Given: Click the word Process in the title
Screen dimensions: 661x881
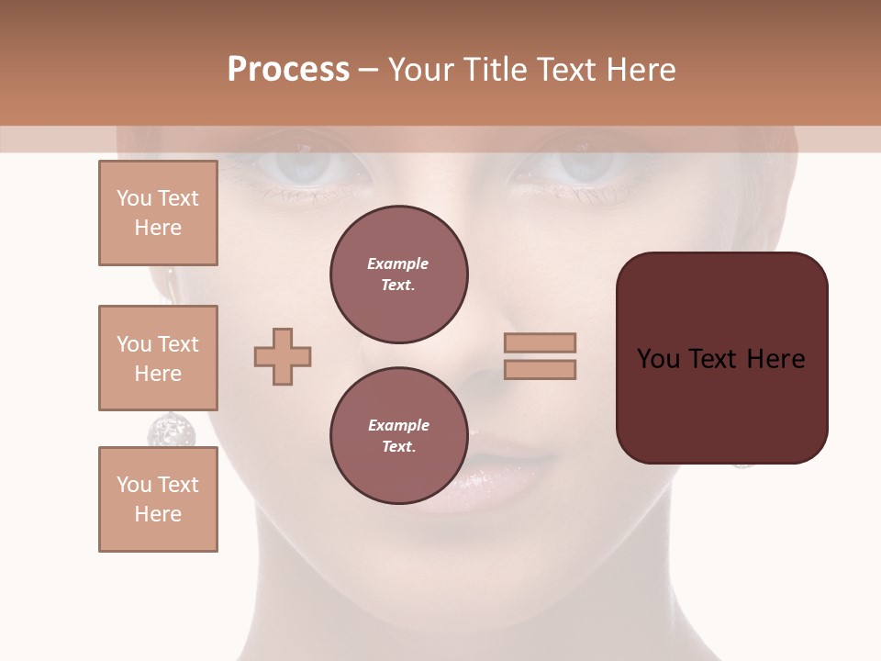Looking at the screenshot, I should [288, 70].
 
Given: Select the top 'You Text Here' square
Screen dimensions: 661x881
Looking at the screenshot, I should [158, 213].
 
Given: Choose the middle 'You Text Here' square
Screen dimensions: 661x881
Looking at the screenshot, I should [158, 358].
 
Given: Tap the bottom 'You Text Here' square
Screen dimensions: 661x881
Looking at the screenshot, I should [158, 499].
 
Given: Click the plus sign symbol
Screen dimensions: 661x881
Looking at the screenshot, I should [283, 356].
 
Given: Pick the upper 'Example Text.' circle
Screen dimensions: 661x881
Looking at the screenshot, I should [399, 274].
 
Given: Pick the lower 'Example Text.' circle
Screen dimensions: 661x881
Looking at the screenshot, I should [399, 436].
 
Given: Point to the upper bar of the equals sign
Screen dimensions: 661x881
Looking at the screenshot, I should [540, 342].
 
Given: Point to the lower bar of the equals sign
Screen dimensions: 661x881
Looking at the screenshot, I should [540, 369].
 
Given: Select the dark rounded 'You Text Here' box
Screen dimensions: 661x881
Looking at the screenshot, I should [721, 358].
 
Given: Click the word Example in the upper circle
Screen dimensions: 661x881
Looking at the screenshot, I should [398, 263].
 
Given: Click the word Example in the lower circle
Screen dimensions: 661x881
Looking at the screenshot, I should [398, 425].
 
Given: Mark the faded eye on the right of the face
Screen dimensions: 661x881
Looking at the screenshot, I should [577, 165].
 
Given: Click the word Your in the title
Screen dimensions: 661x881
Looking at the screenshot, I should [422, 70].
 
